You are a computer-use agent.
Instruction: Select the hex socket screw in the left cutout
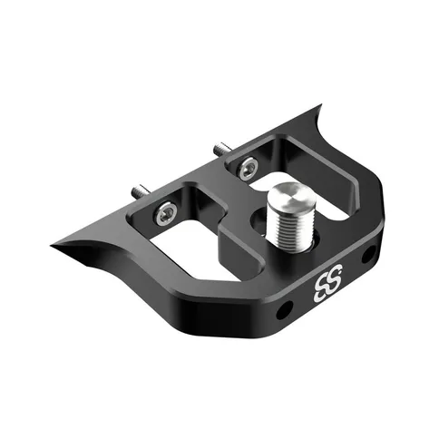coord(165,212)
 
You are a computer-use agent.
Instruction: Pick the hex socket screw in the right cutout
coord(247,167)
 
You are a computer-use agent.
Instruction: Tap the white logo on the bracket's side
coord(327,282)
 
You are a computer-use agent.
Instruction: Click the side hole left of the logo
coord(285,309)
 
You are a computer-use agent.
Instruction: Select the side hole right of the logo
coord(369,254)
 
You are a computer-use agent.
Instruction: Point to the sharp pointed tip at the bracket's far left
coord(52,246)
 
